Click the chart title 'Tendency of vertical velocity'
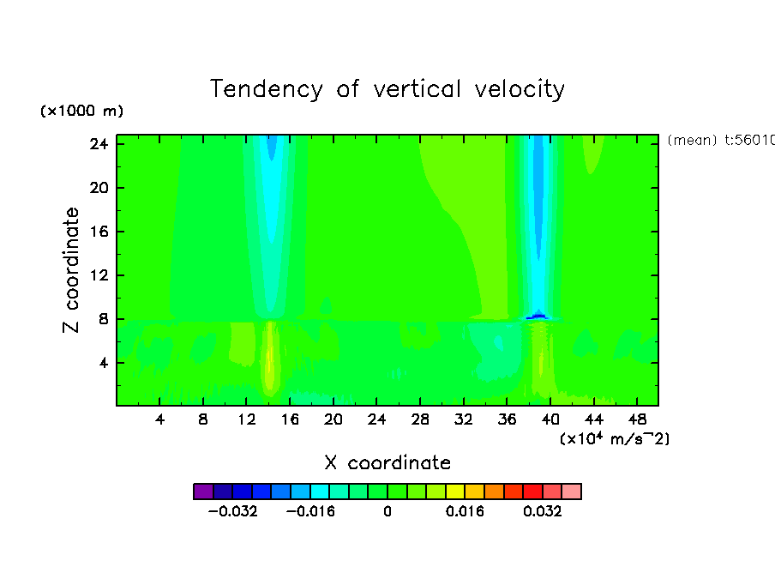click(387, 89)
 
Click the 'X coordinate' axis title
click(387, 463)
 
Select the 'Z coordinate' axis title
click(72, 270)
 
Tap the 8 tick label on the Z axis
click(99, 319)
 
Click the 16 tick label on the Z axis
click(95, 232)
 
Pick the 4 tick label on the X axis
click(160, 419)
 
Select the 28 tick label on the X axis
click(420, 419)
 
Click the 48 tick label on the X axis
click(637, 419)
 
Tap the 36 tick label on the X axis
click(507, 419)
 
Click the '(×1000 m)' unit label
click(81, 112)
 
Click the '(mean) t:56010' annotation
click(720, 141)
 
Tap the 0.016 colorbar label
click(466, 511)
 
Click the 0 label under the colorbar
click(387, 511)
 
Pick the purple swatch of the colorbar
click(203, 492)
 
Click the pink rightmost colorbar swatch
click(571, 492)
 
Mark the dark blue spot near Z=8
click(538, 317)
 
